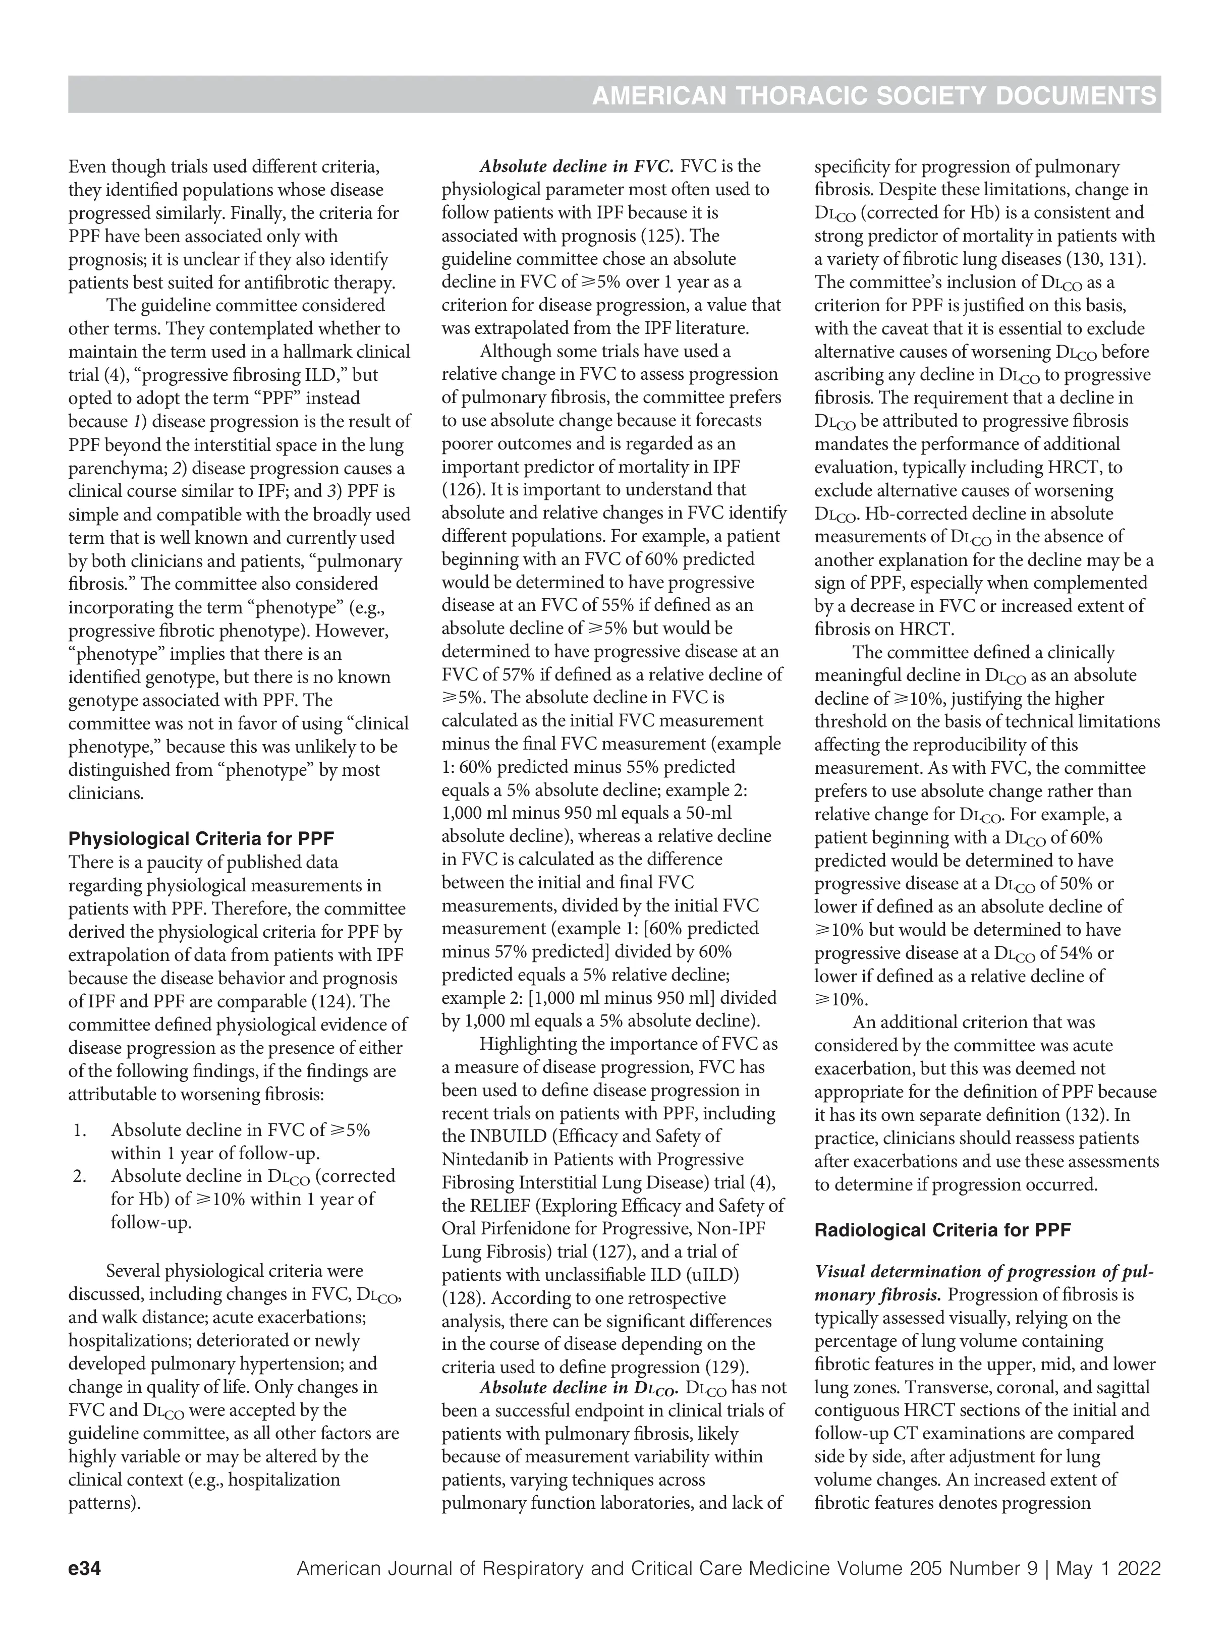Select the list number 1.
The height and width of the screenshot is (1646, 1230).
pos(80,1130)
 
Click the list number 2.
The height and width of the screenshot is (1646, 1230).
pos(80,1176)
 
